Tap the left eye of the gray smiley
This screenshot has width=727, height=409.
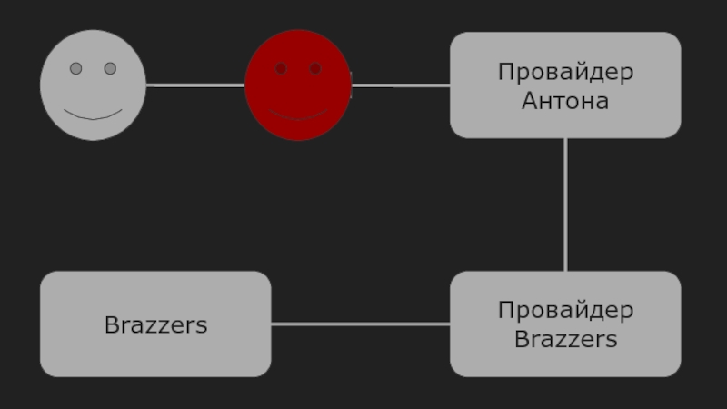[x=76, y=68]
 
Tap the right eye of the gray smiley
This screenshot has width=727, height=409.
[x=110, y=68]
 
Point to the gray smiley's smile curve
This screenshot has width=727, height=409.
[x=93, y=116]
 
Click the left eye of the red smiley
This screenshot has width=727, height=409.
[x=281, y=68]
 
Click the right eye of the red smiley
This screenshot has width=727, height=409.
[x=315, y=68]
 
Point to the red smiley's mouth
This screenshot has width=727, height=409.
[x=298, y=117]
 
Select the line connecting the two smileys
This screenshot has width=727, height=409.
[x=195, y=85]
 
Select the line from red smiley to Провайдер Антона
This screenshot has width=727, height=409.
[x=401, y=85]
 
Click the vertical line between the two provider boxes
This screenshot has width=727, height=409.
[x=565, y=204]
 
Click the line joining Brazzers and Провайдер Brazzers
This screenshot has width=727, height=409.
[x=360, y=324]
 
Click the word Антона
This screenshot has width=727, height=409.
[x=565, y=101]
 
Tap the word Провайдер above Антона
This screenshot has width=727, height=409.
[x=565, y=72]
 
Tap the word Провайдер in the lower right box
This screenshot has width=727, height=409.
[x=565, y=310]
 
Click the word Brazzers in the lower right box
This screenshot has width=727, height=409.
[x=565, y=340]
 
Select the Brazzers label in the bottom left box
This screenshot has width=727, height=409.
[x=155, y=324]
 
